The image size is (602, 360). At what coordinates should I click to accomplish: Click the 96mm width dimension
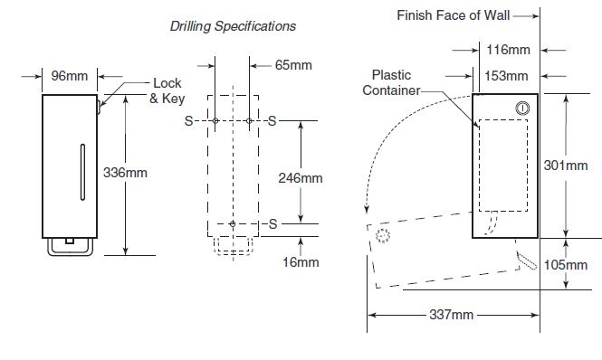(70, 76)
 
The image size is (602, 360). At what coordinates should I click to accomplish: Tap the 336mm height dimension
(125, 173)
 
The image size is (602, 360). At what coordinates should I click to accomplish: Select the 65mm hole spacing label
(293, 65)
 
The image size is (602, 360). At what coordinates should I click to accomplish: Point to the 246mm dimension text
(301, 178)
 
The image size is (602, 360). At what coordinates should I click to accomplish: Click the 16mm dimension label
(301, 262)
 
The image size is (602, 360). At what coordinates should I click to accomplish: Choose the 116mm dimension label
(509, 50)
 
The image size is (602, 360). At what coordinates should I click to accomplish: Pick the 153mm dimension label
(506, 76)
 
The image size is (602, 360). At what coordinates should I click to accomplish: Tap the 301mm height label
(566, 166)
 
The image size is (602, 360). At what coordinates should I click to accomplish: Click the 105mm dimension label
(566, 265)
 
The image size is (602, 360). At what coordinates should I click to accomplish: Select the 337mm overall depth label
(451, 315)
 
